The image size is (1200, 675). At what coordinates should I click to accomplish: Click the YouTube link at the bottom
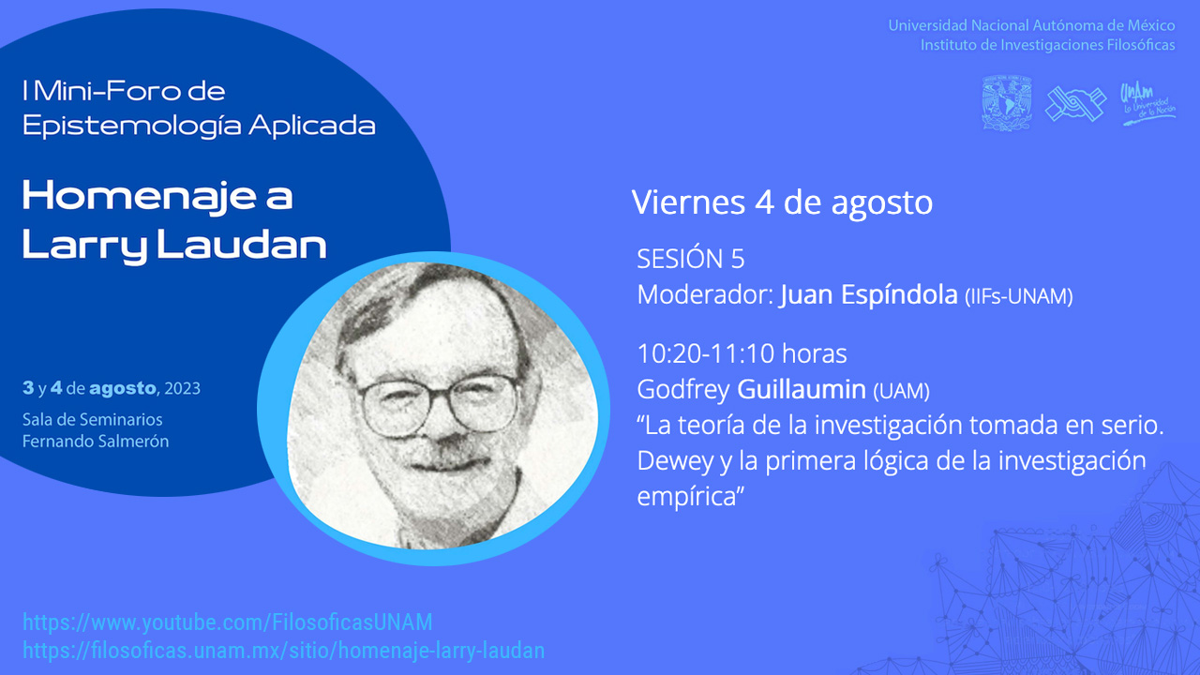227,622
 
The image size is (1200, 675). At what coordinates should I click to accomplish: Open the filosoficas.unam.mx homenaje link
283,651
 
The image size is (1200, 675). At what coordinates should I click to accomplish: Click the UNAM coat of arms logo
1007,103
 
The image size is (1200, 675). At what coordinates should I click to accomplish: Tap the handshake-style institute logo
1075,103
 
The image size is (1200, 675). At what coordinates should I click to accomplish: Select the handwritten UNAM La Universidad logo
1147,104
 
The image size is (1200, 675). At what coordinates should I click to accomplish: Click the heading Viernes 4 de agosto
782,202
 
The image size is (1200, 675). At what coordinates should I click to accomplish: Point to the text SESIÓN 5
691,259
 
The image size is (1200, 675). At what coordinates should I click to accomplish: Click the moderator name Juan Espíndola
869,294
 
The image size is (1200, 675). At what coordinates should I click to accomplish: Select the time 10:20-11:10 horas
742,353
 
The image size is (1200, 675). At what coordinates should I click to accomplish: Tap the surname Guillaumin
802,389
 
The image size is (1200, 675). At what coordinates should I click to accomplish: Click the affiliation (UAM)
901,391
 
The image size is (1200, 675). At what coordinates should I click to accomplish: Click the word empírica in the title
691,497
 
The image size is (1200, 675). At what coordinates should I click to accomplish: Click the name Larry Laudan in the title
174,246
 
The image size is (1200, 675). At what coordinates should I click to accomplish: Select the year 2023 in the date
182,388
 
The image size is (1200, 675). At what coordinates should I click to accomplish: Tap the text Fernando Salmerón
96,442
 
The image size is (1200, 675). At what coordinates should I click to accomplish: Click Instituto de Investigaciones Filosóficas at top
1048,45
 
